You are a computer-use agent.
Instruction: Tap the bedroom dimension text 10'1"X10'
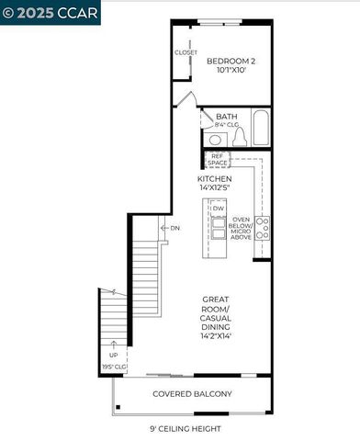[231, 70]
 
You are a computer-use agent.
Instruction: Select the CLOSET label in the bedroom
[186, 52]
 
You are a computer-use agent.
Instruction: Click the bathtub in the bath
[260, 130]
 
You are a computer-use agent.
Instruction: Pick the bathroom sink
[215, 139]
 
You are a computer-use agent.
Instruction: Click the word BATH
[227, 117]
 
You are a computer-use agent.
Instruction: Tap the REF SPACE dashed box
[217, 159]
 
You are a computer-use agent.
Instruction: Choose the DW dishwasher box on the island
[218, 209]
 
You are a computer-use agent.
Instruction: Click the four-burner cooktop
[263, 228]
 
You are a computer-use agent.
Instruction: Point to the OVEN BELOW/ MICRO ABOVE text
[242, 228]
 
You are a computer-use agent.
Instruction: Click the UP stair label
[114, 354]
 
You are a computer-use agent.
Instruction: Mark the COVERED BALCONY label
[192, 394]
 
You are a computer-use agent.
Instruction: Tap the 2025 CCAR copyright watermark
[51, 12]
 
